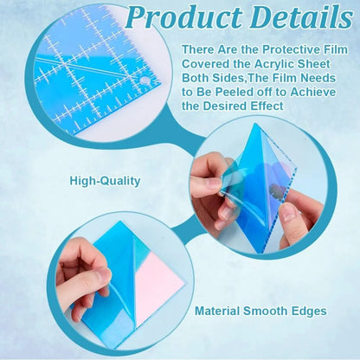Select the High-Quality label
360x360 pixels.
pyautogui.click(x=106, y=182)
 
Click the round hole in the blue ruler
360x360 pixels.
pyautogui.click(x=145, y=80)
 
